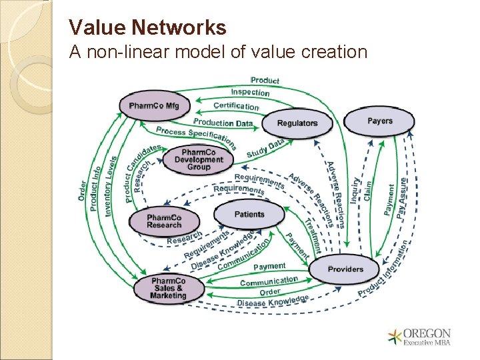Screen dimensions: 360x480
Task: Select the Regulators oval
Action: click(x=297, y=123)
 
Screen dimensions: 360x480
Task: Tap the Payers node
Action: click(x=379, y=121)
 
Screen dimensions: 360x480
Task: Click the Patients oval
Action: click(x=249, y=215)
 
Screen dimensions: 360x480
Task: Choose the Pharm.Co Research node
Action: click(x=164, y=221)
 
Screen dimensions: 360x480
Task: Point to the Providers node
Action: click(x=345, y=269)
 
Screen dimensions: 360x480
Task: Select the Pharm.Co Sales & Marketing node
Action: click(x=168, y=288)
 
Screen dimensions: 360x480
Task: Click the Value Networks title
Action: click(x=147, y=27)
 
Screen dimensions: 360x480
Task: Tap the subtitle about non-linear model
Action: click(x=219, y=51)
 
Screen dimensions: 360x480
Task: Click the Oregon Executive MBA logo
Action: click(x=420, y=337)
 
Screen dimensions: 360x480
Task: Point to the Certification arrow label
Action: click(x=236, y=106)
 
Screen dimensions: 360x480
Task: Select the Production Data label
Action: click(x=223, y=123)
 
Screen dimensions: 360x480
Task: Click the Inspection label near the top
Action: click(x=250, y=92)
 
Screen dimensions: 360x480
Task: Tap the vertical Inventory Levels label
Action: click(x=111, y=186)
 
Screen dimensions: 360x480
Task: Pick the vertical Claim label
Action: click(x=367, y=189)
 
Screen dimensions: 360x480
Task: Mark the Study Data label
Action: click(x=265, y=149)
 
